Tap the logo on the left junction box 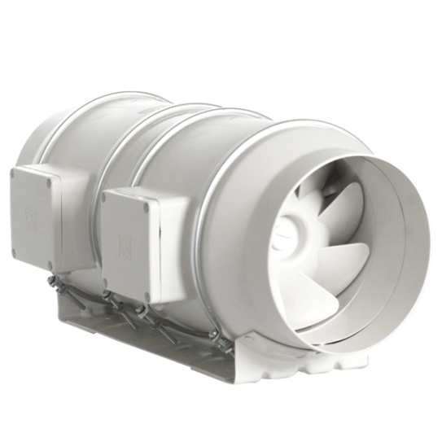tap(32, 217)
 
